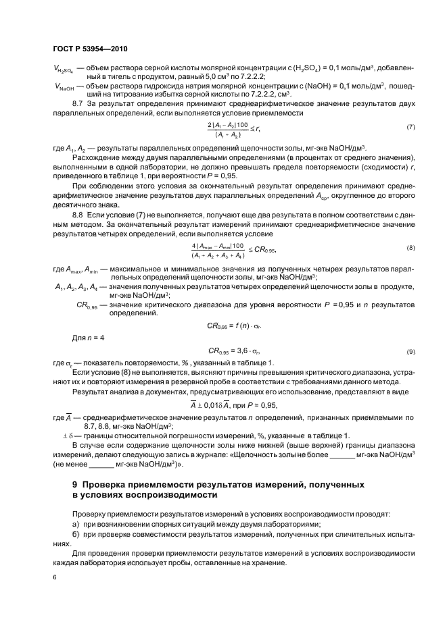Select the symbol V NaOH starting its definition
coord(64,87)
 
